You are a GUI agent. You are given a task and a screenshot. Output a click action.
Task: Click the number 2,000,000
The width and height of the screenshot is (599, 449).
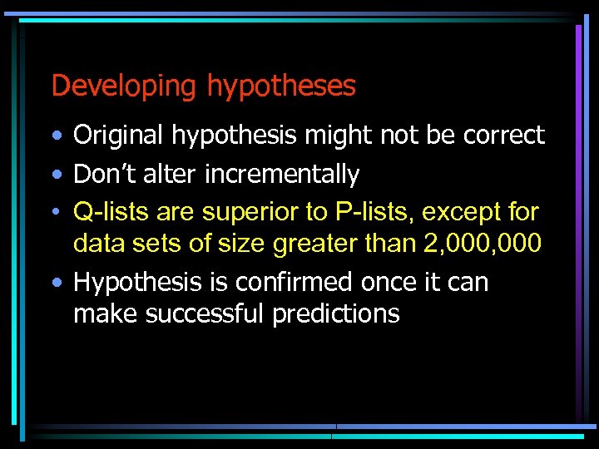point(493,244)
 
